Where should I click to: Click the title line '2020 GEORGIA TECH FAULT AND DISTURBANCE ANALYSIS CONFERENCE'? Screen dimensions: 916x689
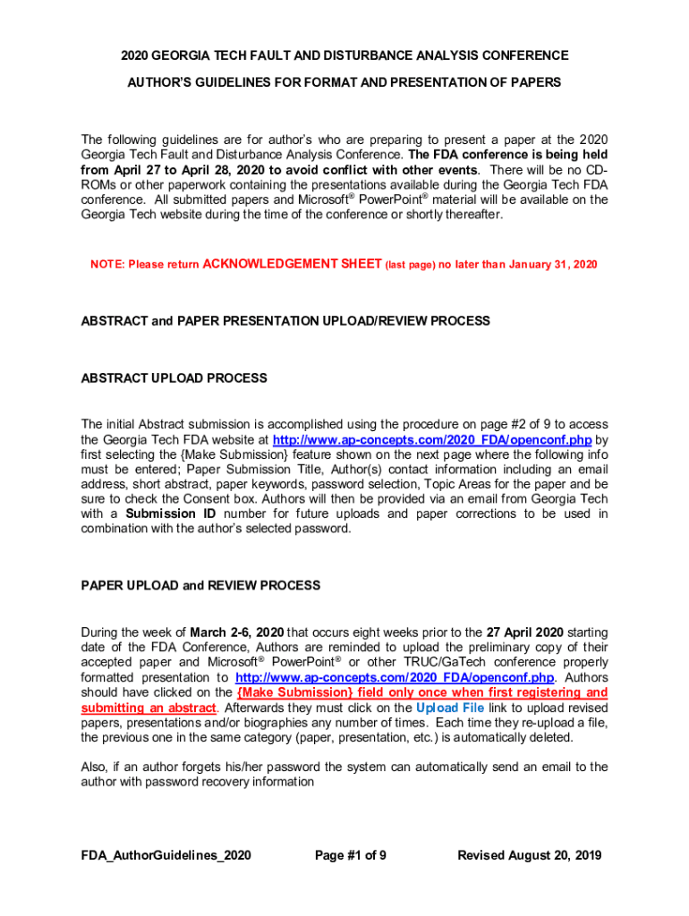point(344,55)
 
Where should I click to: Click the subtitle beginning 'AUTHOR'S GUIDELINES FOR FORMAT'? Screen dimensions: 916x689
point(344,82)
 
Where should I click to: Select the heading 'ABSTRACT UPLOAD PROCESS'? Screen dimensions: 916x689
point(174,378)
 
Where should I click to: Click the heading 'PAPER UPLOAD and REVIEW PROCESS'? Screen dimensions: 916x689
point(200,585)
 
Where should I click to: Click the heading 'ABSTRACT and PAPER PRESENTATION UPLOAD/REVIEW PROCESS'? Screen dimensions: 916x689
point(285,320)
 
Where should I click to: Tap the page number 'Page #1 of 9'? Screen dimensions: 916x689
point(351,855)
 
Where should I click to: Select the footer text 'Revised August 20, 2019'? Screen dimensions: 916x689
point(530,855)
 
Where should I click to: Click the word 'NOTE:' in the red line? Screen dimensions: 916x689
point(106,265)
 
